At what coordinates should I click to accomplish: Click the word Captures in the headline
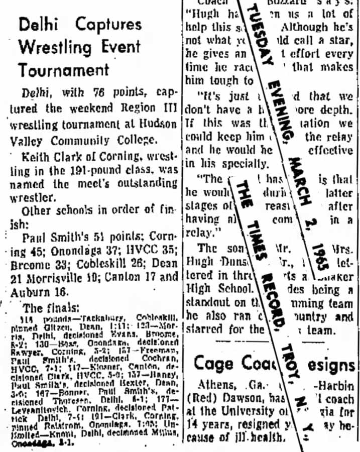[109, 25]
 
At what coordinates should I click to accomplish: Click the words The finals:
[51, 307]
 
